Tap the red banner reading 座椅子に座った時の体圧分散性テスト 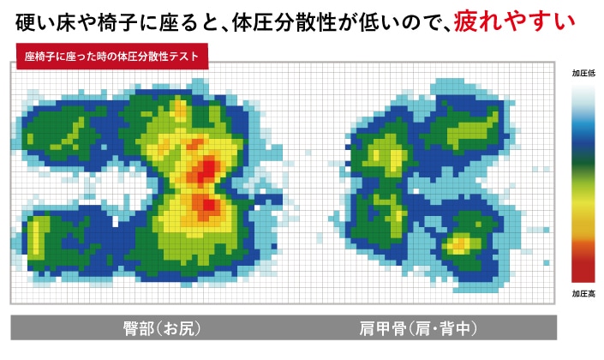click(111, 57)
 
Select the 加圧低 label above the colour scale click(583, 75)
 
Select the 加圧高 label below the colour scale click(583, 293)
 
